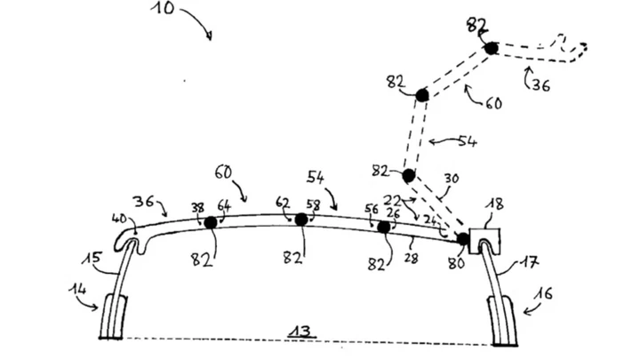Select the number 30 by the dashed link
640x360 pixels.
point(451,179)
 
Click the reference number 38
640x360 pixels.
point(196,207)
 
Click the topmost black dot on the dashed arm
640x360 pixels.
point(490,47)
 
